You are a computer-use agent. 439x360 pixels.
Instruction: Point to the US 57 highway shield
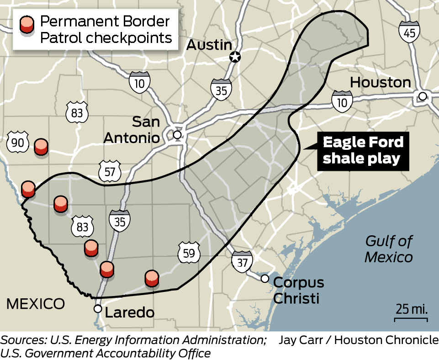tap(110, 171)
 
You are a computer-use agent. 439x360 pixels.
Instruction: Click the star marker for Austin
tap(235, 57)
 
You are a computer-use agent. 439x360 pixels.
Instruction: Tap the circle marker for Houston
tap(423, 96)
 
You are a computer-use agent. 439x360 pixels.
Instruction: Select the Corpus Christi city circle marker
tap(265, 279)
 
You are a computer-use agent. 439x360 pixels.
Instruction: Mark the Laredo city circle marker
tap(98, 309)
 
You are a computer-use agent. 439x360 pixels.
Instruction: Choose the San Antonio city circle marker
tap(177, 135)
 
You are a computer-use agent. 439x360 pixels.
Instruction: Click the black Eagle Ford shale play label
tap(363, 150)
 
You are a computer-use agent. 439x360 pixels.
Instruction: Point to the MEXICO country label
tap(35, 303)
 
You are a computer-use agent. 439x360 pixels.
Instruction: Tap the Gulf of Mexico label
tap(388, 249)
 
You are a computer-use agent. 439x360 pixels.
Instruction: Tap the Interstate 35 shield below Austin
tap(221, 88)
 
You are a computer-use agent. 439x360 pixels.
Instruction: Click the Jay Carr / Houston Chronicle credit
tap(358, 340)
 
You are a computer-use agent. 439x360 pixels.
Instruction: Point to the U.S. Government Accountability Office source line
tap(106, 353)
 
